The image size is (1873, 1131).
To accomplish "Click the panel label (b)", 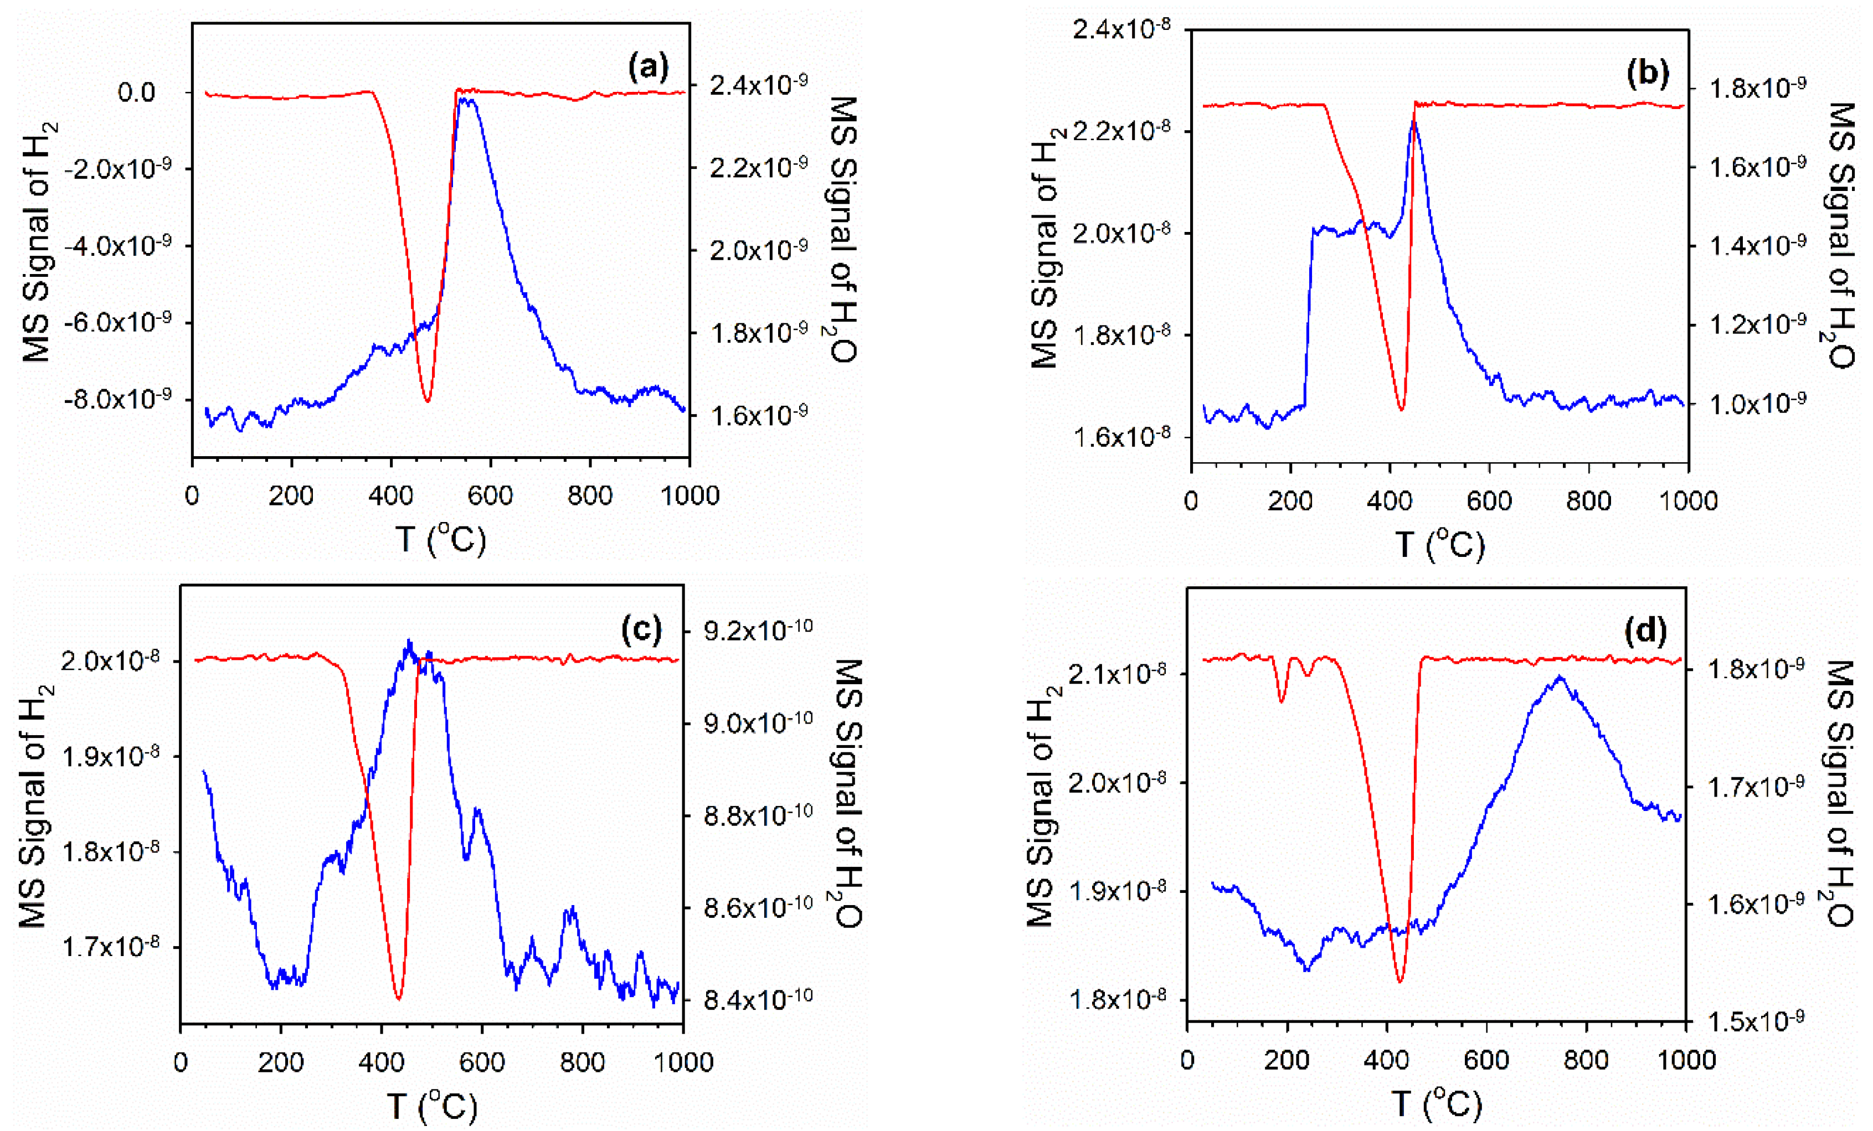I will coord(1647,72).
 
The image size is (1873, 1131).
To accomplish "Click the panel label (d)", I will coord(1645,630).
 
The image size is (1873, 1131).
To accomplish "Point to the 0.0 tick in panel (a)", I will coord(136,93).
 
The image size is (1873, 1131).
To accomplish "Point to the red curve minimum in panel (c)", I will coord(398,998).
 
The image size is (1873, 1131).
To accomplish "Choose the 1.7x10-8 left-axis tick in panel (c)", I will coord(110,947).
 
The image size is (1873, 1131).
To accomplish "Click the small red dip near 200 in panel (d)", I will coord(1282,701).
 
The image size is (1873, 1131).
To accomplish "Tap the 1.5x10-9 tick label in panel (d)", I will coord(1756,1021).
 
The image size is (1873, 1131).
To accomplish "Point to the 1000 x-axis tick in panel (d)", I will coord(1685,1060).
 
